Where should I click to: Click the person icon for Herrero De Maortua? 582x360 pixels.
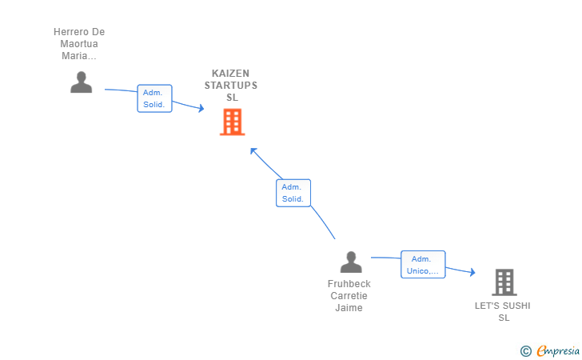(x=81, y=82)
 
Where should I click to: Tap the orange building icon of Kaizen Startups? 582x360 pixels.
(x=232, y=122)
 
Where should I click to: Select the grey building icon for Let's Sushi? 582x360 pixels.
(x=504, y=282)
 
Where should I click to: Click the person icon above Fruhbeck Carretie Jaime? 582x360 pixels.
(x=350, y=262)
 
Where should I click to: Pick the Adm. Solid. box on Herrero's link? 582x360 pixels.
(x=154, y=98)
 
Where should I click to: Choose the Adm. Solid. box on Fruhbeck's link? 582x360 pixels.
(x=293, y=193)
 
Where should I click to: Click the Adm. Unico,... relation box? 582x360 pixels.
(x=423, y=265)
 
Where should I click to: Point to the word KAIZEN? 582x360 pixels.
(x=231, y=73)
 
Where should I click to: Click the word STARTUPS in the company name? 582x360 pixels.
(x=231, y=86)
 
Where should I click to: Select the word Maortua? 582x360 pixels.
(x=79, y=44)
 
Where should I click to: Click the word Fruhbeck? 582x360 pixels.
(x=349, y=284)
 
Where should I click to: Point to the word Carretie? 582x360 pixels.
(x=349, y=296)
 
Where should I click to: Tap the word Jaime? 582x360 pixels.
(x=349, y=308)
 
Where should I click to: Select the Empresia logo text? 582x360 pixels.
(x=560, y=350)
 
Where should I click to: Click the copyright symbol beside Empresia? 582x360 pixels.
(x=525, y=350)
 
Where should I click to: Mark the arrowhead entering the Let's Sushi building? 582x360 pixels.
(x=472, y=273)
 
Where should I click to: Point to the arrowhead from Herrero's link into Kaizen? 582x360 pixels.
(x=201, y=108)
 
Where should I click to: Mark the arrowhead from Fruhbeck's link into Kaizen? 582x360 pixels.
(x=253, y=150)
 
